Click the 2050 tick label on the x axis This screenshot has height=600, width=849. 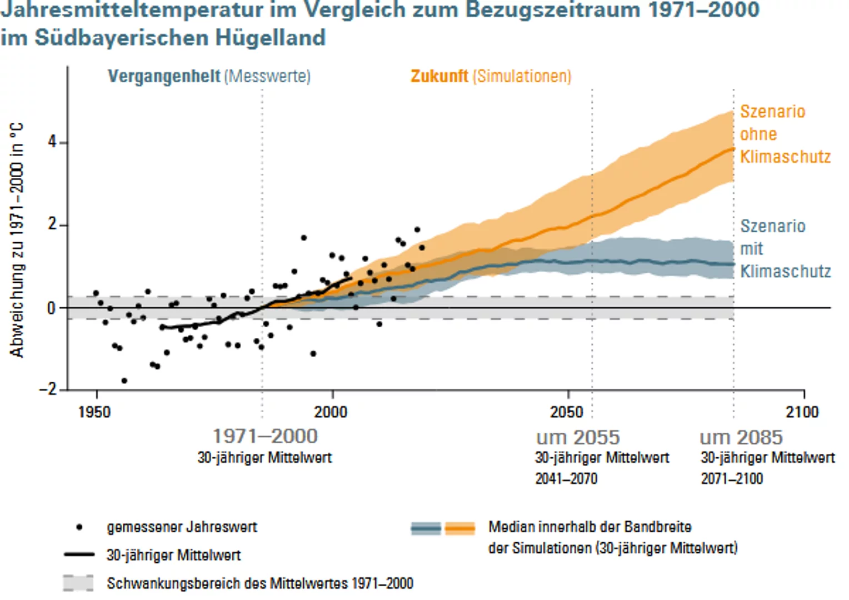tap(567, 412)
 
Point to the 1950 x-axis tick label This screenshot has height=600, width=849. tap(94, 412)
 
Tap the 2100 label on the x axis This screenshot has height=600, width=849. tap(802, 412)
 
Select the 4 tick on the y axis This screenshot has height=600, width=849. tap(52, 142)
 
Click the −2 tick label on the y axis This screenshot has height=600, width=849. tap(49, 389)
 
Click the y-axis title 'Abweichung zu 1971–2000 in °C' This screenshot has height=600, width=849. tap(17, 240)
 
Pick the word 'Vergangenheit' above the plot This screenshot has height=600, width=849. tap(164, 76)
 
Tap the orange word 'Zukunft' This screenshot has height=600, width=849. tap(439, 76)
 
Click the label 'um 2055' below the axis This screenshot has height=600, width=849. tap(578, 438)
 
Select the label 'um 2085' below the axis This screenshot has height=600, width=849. tap(741, 438)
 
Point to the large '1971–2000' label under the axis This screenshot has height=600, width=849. tap(265, 437)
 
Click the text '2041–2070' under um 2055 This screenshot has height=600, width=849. tap(566, 479)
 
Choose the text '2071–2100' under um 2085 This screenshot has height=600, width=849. tap(732, 479)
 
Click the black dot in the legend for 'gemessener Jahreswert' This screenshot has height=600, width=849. tap(79, 527)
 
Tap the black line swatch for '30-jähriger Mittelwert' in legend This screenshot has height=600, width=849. tap(79, 554)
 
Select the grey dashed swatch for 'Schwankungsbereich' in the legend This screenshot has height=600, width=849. tap(78, 583)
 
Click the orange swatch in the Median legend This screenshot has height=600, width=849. tap(460, 528)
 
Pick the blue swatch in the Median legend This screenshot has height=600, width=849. tap(426, 528)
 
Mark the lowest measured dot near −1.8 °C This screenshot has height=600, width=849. tap(124, 381)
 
